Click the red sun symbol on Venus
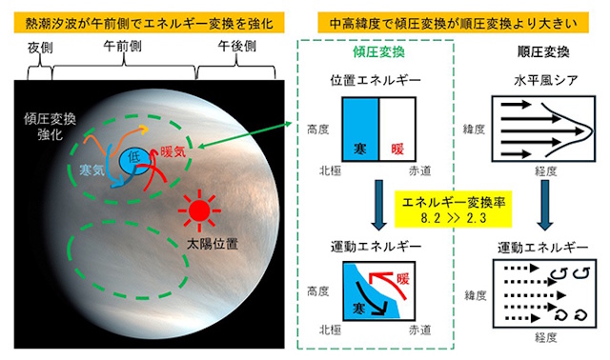(x=198, y=209)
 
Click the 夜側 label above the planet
(x=38, y=46)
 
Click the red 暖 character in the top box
(x=398, y=149)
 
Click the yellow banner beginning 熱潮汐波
(x=148, y=16)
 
